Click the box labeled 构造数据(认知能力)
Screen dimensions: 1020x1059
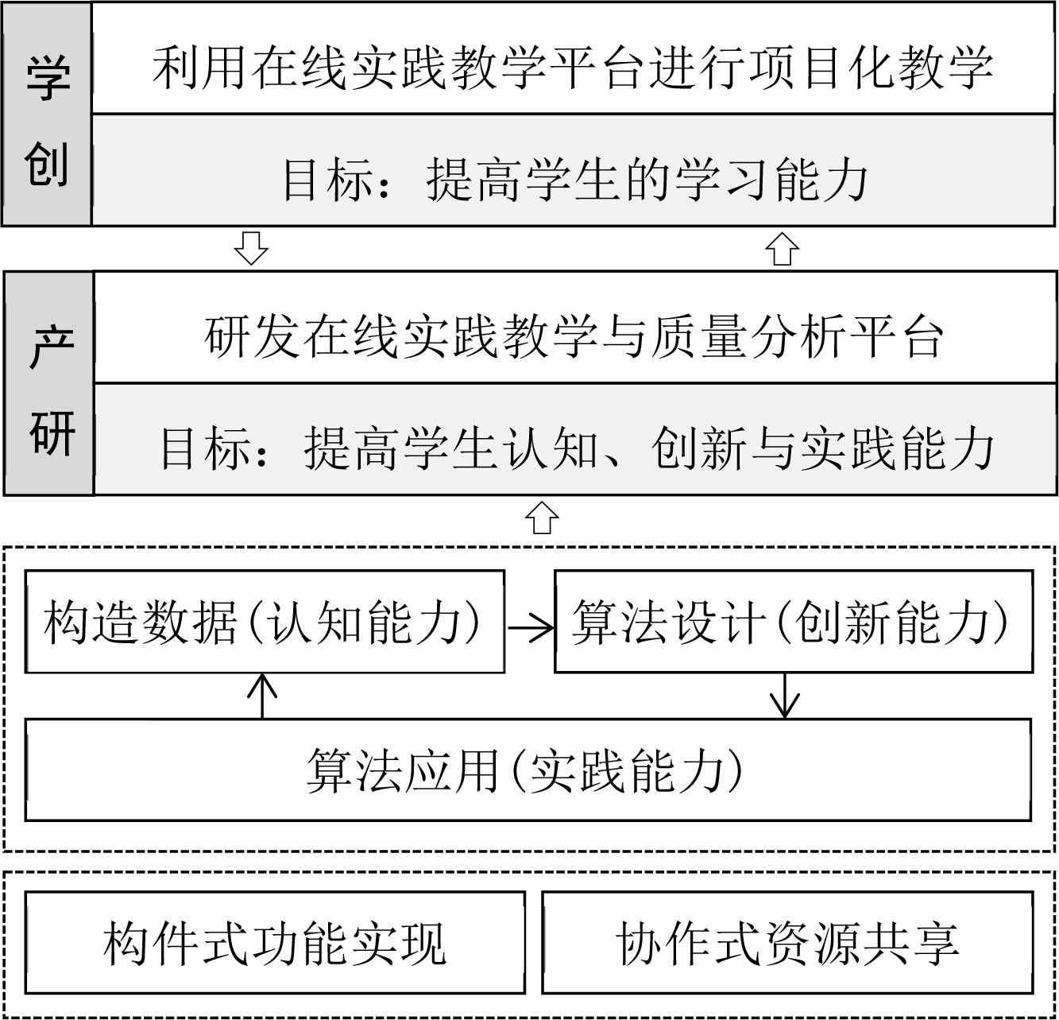point(265,622)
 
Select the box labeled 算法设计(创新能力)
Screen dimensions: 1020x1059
point(793,622)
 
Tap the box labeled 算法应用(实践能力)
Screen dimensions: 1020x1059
point(528,770)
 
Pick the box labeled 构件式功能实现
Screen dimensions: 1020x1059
point(275,942)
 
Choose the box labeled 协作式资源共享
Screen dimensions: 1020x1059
point(787,942)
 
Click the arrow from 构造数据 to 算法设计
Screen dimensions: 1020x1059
point(530,628)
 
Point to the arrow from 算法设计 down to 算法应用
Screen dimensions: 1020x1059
point(785,696)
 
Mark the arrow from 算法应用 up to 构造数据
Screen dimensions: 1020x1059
point(262,696)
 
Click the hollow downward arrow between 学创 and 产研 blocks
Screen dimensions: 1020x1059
point(251,248)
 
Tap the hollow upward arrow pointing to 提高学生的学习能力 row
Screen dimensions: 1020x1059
point(782,248)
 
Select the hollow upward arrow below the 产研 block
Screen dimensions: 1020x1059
point(542,518)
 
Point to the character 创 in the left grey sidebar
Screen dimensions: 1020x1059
point(47,165)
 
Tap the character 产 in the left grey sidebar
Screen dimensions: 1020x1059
point(51,347)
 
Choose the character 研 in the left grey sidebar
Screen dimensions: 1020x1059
point(51,432)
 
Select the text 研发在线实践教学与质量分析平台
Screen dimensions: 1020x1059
point(574,336)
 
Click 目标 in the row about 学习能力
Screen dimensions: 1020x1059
point(329,180)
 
